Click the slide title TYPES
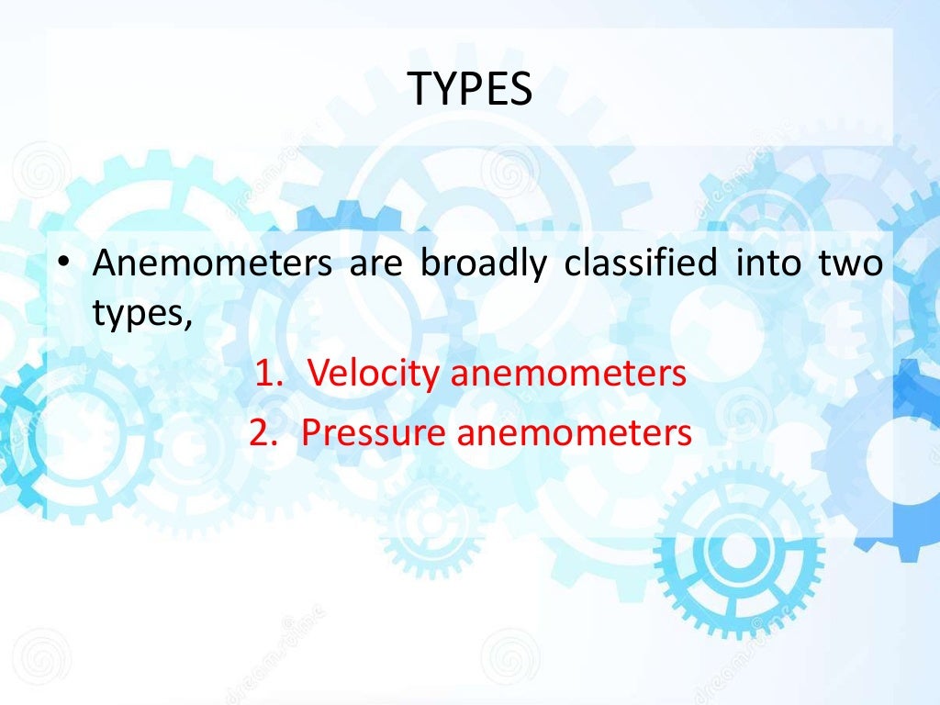[x=470, y=89]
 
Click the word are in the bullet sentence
[x=375, y=264]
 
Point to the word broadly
[x=484, y=264]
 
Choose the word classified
[x=640, y=264]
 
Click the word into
[x=767, y=264]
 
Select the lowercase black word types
[x=138, y=316]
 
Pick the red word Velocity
[x=373, y=374]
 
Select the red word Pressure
[x=374, y=432]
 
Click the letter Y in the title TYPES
[x=447, y=89]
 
